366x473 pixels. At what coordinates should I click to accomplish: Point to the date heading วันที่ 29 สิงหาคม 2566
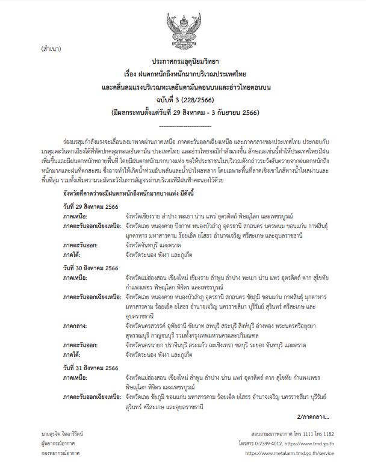point(91,206)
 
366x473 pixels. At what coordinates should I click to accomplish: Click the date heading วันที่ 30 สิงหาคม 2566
point(91,267)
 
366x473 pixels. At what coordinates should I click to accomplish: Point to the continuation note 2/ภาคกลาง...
point(313,416)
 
